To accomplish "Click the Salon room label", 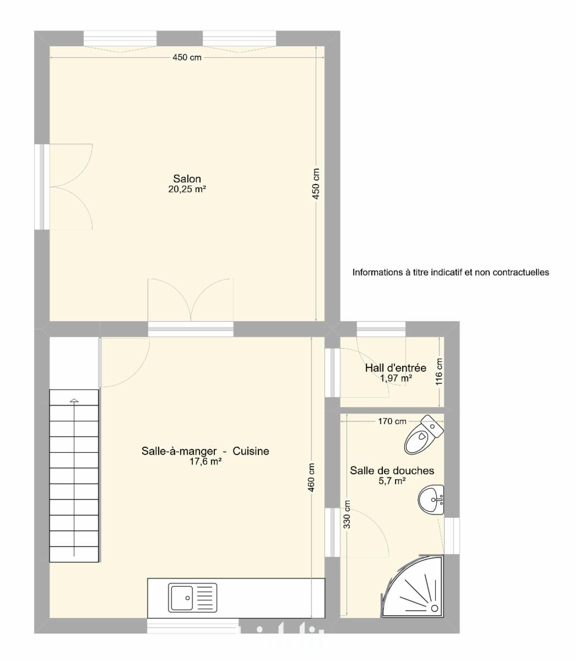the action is [187, 178].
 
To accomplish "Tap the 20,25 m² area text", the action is [187, 189].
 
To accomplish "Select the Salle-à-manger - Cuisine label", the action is [205, 451].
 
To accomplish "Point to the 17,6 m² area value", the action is [205, 462].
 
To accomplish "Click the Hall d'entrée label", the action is [396, 367].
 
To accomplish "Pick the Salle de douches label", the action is [392, 470].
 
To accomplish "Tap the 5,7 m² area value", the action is [392, 481].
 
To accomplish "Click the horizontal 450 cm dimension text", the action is [187, 57].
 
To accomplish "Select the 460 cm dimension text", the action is [311, 478].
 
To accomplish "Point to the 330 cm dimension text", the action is [347, 514].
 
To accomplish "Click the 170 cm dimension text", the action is [392, 421].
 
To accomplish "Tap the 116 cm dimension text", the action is [439, 372].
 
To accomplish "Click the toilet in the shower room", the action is [424, 435].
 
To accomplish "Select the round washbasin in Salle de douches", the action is [431, 500].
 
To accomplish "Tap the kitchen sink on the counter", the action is [192, 598].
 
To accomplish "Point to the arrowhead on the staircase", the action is [74, 401].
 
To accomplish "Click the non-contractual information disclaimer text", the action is [451, 272].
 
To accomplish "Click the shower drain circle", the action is [435, 608].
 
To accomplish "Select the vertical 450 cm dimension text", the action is [316, 184].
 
